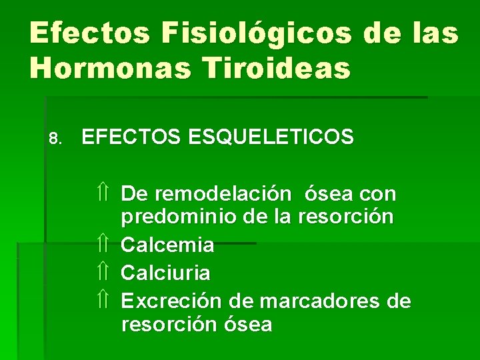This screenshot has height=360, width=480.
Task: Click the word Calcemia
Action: pyautogui.click(x=167, y=245)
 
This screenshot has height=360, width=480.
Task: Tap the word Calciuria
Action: pyautogui.click(x=165, y=273)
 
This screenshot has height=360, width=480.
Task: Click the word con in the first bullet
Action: pyautogui.click(x=378, y=194)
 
